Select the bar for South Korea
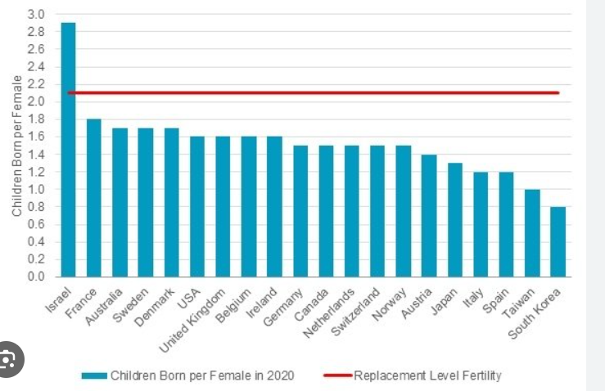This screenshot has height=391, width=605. pyautogui.click(x=558, y=241)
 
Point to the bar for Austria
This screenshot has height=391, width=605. pyautogui.click(x=429, y=215)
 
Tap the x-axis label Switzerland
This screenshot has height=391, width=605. pyautogui.click(x=357, y=312)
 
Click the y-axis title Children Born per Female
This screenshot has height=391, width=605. pyautogui.click(x=16, y=146)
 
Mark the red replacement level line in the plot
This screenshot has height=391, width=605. pyautogui.click(x=327, y=93)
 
